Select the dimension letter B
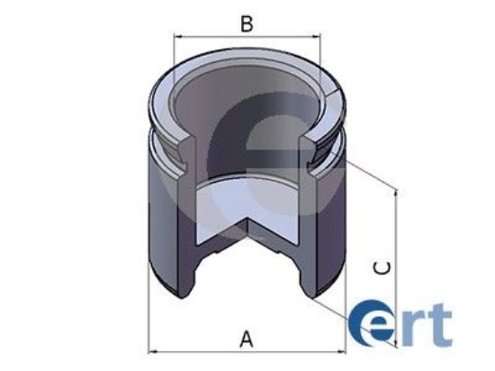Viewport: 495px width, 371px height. point(246,23)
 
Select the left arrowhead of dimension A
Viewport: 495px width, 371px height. point(153,351)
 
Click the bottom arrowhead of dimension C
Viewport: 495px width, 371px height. point(395,344)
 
